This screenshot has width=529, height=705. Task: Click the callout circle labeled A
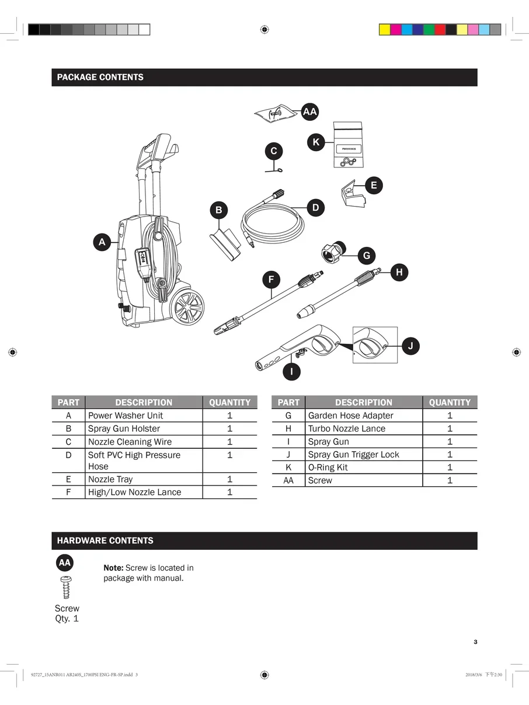[x=102, y=242]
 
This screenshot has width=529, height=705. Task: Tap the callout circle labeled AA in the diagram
[x=310, y=111]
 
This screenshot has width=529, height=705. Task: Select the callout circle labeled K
[x=316, y=142]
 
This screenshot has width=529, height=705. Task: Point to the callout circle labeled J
[x=410, y=346]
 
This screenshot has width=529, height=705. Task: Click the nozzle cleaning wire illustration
[x=274, y=170]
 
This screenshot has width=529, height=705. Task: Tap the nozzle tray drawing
[x=352, y=194]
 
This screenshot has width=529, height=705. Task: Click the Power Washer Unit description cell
[x=126, y=416]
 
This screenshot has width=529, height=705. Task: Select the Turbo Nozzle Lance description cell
[x=347, y=428]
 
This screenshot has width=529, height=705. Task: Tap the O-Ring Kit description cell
[x=328, y=467]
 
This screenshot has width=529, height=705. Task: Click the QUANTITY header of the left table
[x=229, y=402]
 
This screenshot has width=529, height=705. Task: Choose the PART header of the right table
[x=288, y=402]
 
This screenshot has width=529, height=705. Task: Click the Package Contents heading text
[x=100, y=77]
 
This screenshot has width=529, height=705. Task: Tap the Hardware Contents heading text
[x=105, y=540]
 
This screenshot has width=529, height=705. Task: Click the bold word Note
[x=113, y=568]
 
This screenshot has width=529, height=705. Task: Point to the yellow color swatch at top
[x=385, y=30]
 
